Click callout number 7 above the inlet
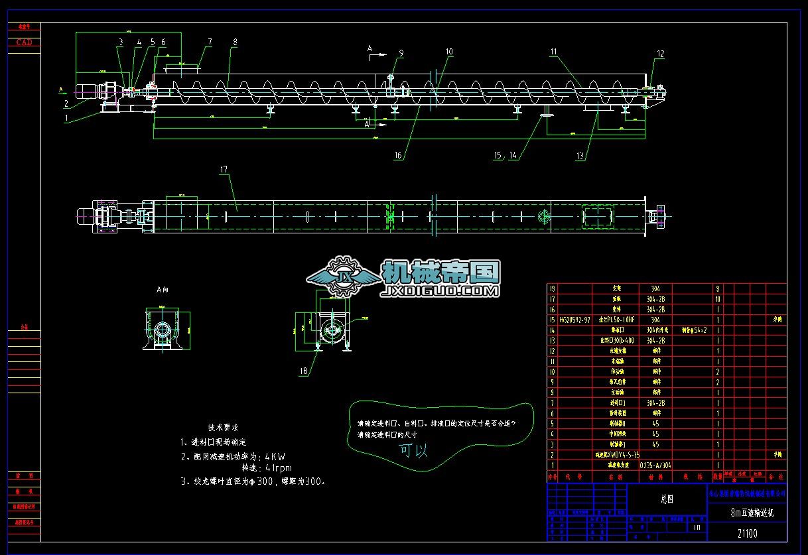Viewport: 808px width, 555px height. (x=210, y=41)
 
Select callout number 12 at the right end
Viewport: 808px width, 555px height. (x=660, y=54)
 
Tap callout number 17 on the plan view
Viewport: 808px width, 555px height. (x=224, y=170)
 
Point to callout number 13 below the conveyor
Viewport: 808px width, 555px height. (x=581, y=156)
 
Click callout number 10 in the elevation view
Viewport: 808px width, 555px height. (x=449, y=51)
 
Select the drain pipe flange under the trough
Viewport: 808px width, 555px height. (x=547, y=117)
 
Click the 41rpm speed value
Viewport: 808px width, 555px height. (x=278, y=469)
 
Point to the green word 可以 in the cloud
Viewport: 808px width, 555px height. (x=413, y=451)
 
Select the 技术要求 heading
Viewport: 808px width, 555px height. (x=224, y=428)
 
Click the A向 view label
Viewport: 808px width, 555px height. (x=163, y=290)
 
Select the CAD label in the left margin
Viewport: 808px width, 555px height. (x=24, y=42)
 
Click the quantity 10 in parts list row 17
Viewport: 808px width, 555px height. (x=717, y=299)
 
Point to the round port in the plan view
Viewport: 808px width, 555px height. (x=543, y=217)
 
